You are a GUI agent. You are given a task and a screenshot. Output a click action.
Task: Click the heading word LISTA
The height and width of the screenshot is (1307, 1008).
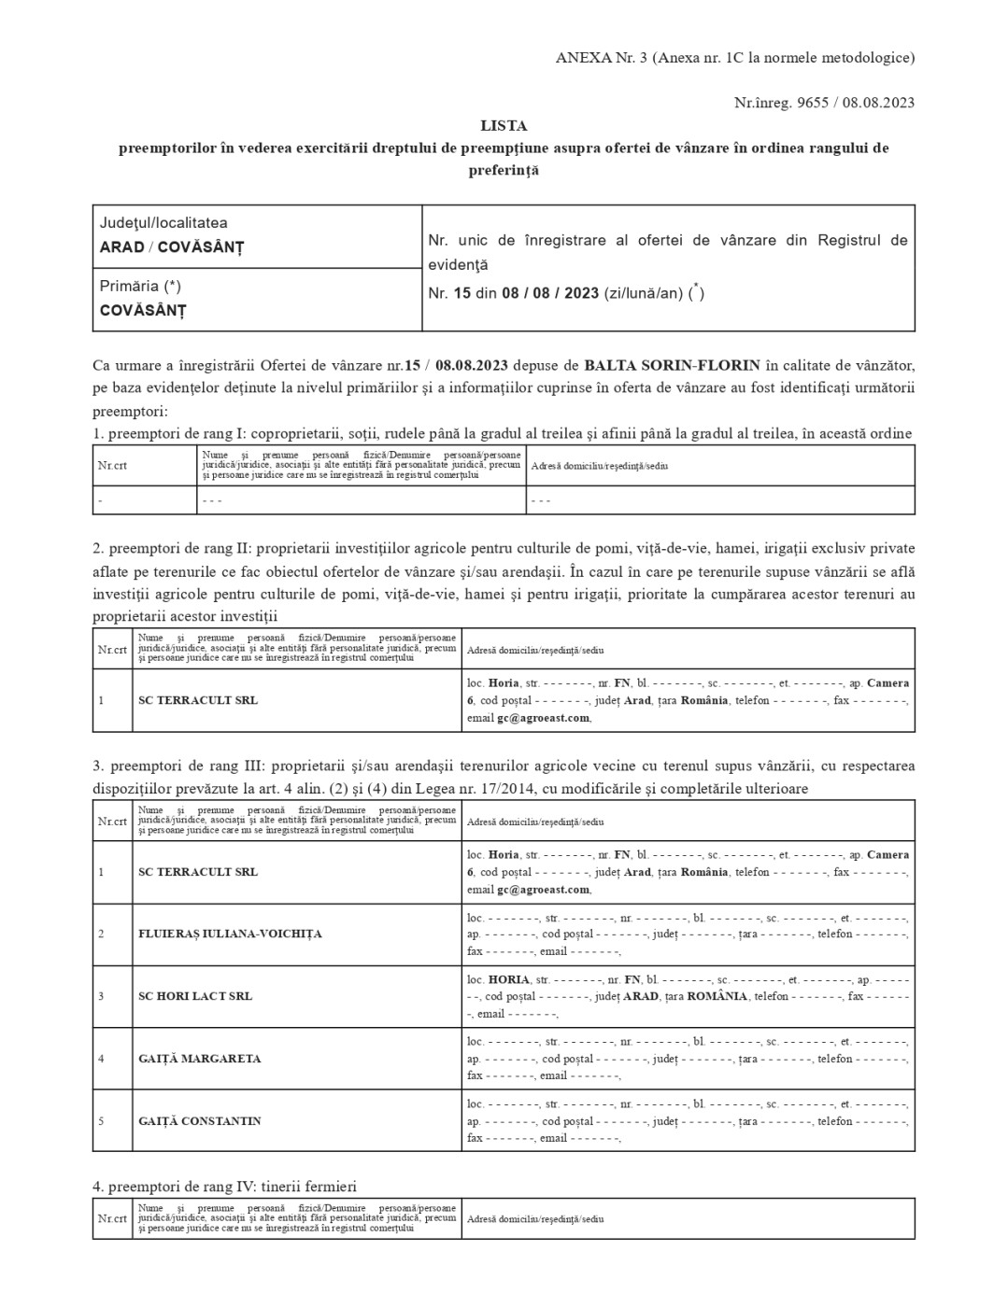tap(504, 125)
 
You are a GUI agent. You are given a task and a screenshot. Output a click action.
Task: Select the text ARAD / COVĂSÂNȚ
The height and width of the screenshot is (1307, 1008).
tap(172, 247)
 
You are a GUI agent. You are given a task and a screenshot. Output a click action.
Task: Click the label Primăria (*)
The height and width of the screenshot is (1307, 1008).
tap(140, 287)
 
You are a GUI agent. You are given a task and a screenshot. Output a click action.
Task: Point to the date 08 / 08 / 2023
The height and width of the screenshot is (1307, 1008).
tap(550, 293)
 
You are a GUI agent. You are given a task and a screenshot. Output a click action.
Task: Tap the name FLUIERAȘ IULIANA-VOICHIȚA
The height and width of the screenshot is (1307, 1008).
tap(230, 934)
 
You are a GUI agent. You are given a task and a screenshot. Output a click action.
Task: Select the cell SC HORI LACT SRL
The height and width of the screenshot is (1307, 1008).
tap(195, 996)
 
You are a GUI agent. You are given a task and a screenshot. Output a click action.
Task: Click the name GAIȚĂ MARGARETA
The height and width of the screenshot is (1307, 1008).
tap(199, 1059)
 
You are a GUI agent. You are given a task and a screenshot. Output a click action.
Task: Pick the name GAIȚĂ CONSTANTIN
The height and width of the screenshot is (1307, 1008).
tap(199, 1121)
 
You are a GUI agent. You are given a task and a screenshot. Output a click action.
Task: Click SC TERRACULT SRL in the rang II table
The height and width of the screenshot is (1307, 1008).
tap(198, 700)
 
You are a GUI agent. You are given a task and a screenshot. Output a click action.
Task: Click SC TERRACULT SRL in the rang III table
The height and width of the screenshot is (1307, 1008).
tap(198, 872)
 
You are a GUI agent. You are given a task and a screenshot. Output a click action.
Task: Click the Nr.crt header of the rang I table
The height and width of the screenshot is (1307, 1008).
tap(112, 466)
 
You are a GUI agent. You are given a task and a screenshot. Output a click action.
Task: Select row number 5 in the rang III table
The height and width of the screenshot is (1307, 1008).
tap(101, 1121)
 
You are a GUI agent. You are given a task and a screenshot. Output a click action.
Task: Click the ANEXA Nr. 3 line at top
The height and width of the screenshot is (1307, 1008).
tap(734, 58)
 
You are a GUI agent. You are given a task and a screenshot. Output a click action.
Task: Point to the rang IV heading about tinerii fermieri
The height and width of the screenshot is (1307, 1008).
tap(224, 1187)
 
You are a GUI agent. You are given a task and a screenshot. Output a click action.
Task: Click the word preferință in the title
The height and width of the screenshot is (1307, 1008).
tap(504, 171)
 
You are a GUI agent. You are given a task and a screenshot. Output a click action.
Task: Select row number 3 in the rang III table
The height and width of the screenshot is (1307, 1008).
tap(101, 996)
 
